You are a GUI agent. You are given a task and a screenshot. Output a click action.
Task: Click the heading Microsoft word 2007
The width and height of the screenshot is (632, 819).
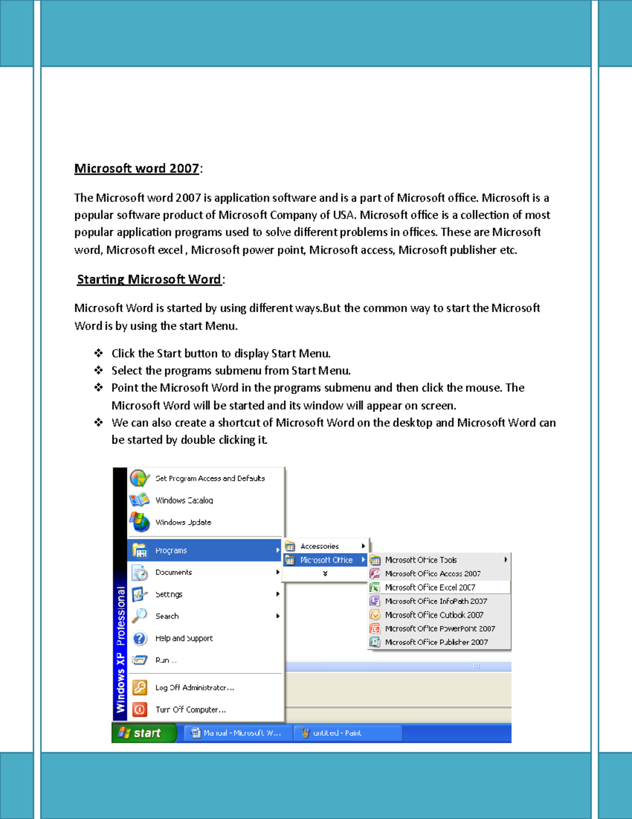pyautogui.click(x=136, y=169)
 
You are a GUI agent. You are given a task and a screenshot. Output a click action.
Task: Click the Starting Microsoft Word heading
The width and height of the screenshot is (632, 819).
pyautogui.click(x=149, y=280)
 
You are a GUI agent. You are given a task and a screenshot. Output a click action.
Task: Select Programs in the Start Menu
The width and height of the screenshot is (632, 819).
pyautogui.click(x=171, y=551)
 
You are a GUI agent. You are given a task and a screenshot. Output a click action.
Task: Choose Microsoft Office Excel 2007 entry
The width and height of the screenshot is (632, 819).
pyautogui.click(x=430, y=587)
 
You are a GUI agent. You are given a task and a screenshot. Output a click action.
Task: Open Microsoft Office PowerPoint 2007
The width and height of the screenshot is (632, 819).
pyautogui.click(x=440, y=629)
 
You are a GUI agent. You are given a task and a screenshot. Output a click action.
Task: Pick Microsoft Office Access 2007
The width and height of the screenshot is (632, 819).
pyautogui.click(x=432, y=574)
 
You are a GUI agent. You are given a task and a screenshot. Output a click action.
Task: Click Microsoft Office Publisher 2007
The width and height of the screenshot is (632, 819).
pyautogui.click(x=436, y=642)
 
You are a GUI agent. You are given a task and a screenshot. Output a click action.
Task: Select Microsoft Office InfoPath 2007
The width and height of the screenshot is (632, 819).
pyautogui.click(x=436, y=601)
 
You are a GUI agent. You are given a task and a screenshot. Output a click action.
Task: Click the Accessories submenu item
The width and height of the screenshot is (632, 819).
pyautogui.click(x=320, y=546)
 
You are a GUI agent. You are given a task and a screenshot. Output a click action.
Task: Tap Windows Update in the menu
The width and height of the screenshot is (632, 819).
pyautogui.click(x=183, y=523)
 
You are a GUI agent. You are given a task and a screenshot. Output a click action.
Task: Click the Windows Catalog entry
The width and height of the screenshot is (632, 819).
pyautogui.click(x=184, y=500)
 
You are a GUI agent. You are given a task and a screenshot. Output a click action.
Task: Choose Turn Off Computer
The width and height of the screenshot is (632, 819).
pyautogui.click(x=190, y=710)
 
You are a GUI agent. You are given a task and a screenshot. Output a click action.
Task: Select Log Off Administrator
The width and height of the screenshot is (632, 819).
pyautogui.click(x=194, y=688)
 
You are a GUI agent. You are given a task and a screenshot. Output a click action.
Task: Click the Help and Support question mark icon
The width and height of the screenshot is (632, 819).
pyautogui.click(x=140, y=639)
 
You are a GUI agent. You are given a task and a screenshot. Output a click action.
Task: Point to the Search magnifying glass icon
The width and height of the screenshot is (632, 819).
pyautogui.click(x=140, y=616)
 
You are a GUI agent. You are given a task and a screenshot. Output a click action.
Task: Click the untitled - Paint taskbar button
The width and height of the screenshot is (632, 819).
pyautogui.click(x=337, y=733)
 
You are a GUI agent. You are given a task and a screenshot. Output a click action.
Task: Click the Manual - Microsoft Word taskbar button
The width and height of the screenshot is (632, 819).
pyautogui.click(x=241, y=733)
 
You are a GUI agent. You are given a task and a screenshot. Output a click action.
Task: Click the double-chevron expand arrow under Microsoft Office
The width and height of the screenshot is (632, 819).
pyautogui.click(x=325, y=574)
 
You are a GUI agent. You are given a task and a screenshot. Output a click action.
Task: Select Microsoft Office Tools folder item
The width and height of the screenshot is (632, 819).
pyautogui.click(x=421, y=560)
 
